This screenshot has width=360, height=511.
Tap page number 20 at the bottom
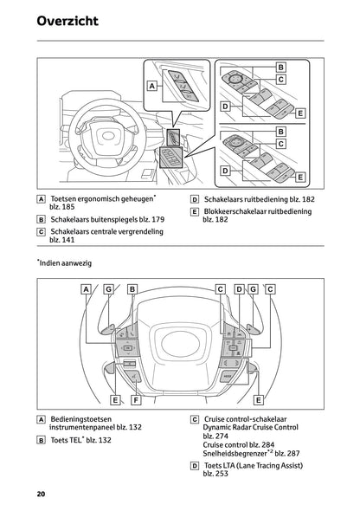(41, 494)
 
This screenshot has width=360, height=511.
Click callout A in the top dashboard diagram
(152, 86)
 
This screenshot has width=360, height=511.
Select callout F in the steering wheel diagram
(136, 400)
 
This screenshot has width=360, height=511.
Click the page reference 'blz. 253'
(215, 475)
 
